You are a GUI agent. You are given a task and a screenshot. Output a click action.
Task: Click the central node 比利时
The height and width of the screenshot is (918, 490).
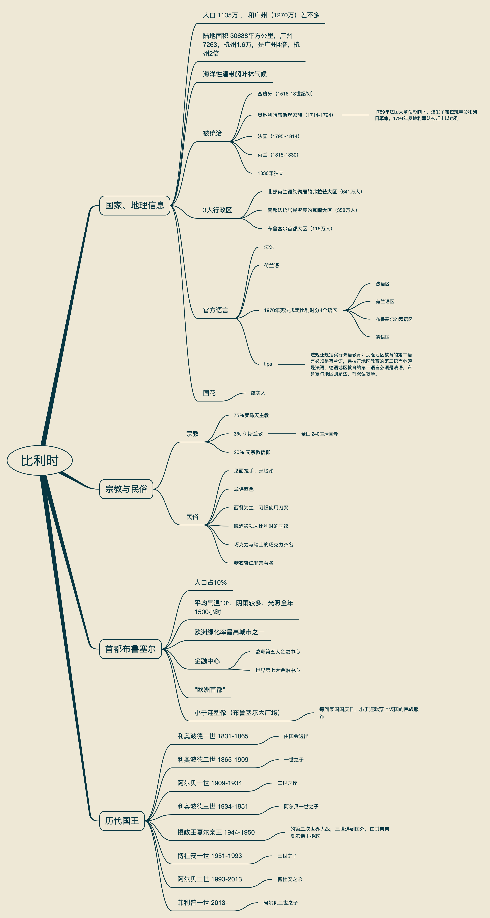click(40, 460)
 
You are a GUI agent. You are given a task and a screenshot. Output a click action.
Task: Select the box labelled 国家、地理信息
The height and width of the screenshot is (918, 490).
click(135, 205)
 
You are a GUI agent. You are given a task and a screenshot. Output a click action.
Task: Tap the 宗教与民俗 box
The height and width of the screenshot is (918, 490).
click(126, 489)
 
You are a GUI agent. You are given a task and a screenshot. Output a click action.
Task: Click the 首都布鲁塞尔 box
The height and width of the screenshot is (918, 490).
click(130, 649)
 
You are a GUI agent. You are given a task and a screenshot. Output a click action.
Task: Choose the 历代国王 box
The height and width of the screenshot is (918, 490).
click(122, 821)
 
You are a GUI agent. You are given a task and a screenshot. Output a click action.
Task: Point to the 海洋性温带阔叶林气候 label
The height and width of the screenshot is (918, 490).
click(235, 74)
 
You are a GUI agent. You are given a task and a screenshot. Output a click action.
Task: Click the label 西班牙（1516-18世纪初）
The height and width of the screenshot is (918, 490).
click(285, 94)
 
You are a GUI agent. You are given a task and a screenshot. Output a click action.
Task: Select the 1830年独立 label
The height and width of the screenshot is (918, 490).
click(270, 173)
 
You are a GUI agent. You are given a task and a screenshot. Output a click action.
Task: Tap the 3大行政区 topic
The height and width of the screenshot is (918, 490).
click(217, 210)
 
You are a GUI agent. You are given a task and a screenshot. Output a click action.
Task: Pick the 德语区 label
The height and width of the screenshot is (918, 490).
click(382, 337)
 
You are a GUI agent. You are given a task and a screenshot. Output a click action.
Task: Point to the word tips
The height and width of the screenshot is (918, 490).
click(268, 364)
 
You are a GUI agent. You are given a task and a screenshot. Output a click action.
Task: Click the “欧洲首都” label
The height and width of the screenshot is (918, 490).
click(210, 690)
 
